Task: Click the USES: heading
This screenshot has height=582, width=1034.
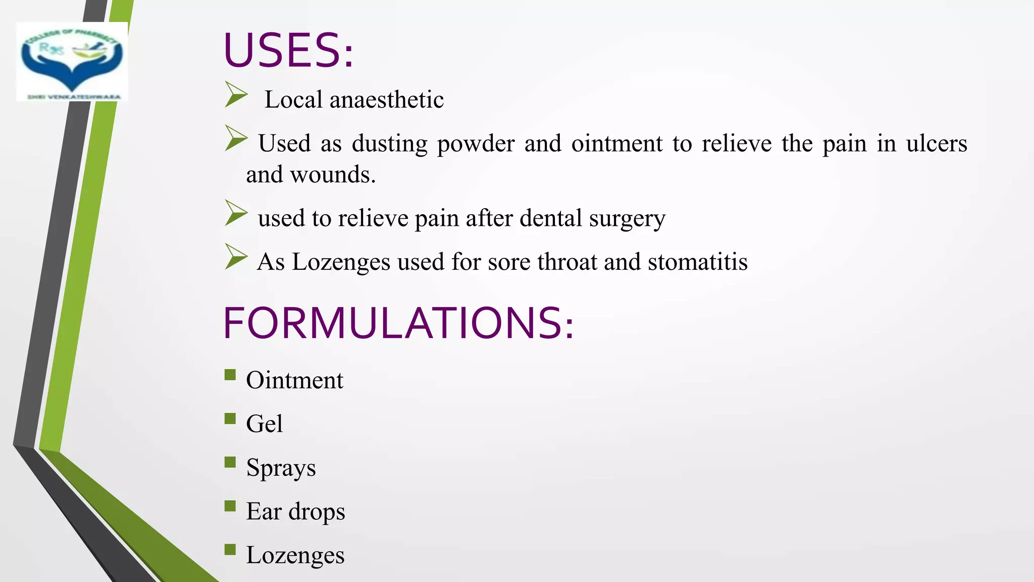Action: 288,51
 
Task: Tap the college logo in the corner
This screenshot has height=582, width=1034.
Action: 72,62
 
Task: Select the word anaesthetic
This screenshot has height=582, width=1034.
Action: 386,100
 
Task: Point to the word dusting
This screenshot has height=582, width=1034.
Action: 389,143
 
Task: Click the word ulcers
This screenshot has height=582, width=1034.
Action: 937,143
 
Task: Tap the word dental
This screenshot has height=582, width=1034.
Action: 551,218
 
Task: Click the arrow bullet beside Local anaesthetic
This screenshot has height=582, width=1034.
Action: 236,94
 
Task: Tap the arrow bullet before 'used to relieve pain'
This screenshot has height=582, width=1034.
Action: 236,213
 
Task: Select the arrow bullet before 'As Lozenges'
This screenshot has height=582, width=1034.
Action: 236,257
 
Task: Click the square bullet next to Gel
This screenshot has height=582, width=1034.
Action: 230,418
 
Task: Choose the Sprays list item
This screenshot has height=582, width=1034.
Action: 281,468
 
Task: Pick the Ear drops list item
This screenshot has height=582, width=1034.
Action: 295,511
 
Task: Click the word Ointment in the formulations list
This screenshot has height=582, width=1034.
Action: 294,380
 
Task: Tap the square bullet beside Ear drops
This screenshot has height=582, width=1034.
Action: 230,506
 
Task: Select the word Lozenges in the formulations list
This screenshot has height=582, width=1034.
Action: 295,555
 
